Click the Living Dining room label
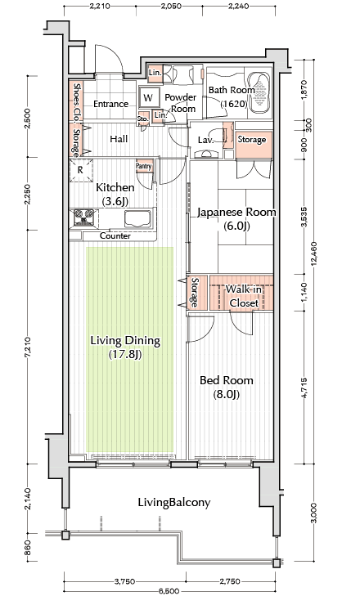(125, 347)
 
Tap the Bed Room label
(227, 387)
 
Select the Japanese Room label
(236, 218)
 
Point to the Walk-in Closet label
(244, 296)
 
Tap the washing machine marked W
(148, 97)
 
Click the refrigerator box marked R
(80, 170)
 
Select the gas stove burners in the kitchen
(83, 217)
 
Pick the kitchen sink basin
(137, 217)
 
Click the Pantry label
(144, 166)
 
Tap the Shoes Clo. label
(76, 102)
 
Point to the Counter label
(115, 235)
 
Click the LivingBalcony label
(174, 503)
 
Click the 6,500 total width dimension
(169, 591)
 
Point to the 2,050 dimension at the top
(171, 6)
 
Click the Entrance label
(110, 104)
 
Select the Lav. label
(205, 140)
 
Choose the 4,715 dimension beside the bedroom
(304, 388)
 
